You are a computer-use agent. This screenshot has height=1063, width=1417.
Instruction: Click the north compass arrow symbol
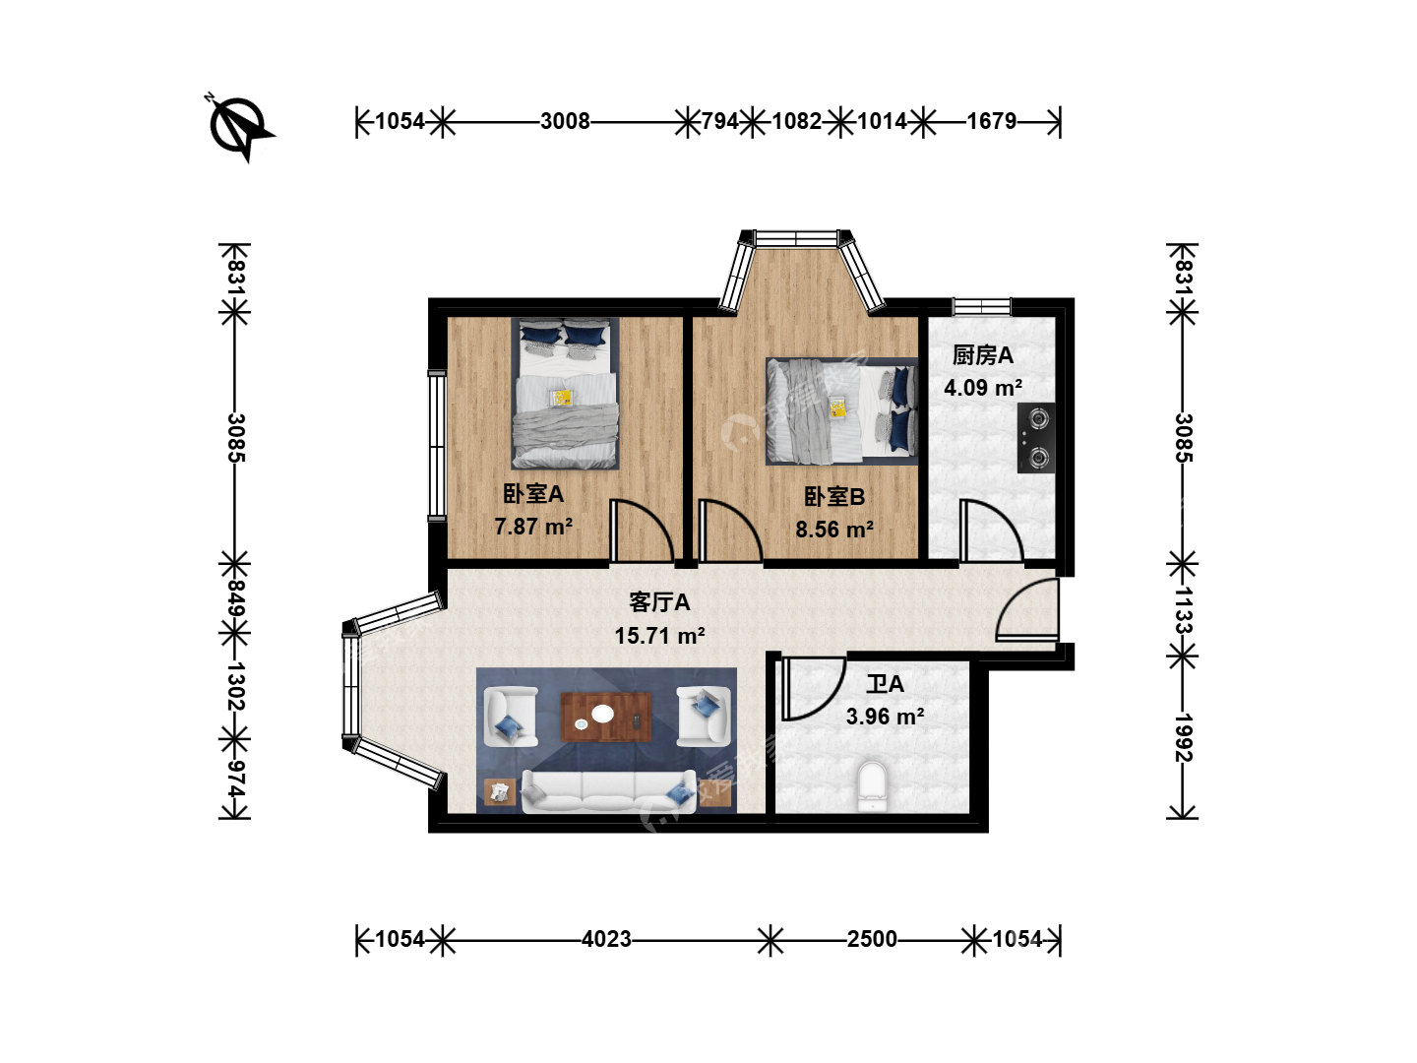pyautogui.click(x=240, y=127)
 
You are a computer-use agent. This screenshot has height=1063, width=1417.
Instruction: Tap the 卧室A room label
pyautogui.click(x=533, y=494)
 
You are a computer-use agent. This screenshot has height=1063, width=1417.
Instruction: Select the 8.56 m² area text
pyautogui.click(x=834, y=530)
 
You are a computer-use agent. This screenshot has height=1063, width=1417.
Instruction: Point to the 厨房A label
pyautogui.click(x=982, y=355)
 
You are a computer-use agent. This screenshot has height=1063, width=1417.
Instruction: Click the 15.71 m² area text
pyautogui.click(x=659, y=636)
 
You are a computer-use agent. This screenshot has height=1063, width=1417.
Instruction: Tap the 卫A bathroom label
pyautogui.click(x=885, y=684)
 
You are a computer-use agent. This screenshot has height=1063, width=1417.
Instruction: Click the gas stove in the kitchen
pyautogui.click(x=1036, y=438)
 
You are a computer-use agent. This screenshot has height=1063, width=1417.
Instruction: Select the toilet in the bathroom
pyautogui.click(x=873, y=786)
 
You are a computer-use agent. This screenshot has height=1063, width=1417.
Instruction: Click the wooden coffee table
pyautogui.click(x=605, y=717)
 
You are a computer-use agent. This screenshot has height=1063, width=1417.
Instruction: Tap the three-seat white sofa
pyautogui.click(x=609, y=792)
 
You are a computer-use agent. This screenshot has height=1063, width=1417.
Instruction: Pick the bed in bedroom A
pyautogui.click(x=565, y=393)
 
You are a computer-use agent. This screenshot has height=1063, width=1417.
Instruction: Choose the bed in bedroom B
pyautogui.click(x=841, y=411)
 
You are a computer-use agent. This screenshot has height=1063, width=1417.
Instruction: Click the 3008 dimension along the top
pyautogui.click(x=565, y=121)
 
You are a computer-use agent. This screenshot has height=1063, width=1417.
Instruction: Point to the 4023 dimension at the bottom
pyautogui.click(x=606, y=939)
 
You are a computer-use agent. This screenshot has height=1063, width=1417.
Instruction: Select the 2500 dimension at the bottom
pyautogui.click(x=872, y=939)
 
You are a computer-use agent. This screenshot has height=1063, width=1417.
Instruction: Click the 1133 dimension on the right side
pyautogui.click(x=1183, y=610)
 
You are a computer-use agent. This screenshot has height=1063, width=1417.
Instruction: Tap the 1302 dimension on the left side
pyautogui.click(x=234, y=686)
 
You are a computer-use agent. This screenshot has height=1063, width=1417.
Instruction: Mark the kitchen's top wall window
pyautogui.click(x=982, y=306)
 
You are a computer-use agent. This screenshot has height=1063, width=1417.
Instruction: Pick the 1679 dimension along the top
pyautogui.click(x=992, y=121)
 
